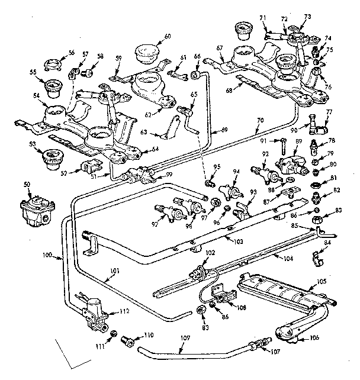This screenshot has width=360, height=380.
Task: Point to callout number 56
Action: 72,52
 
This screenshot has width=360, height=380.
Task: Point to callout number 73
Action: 307,18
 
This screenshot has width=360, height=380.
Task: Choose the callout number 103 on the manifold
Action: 238,243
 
